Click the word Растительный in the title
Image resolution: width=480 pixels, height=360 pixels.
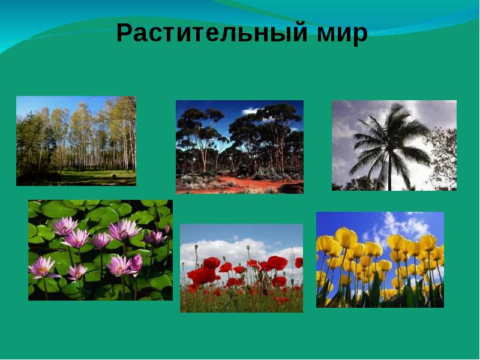[x=212, y=33]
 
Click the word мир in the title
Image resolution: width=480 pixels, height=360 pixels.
[x=342, y=34]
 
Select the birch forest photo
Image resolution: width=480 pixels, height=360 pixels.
[x=76, y=141]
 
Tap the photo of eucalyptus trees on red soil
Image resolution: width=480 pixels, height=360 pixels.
[x=239, y=147]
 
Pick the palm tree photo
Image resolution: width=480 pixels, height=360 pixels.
[x=394, y=145]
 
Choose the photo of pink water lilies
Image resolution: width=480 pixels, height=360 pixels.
[x=100, y=250]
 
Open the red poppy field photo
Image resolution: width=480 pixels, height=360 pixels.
[x=242, y=268]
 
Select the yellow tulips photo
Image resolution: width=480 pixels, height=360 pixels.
[x=380, y=260]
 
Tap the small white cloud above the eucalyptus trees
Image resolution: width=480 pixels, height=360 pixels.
[x=251, y=110]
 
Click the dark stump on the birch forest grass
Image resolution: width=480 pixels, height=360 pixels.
[x=115, y=176]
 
